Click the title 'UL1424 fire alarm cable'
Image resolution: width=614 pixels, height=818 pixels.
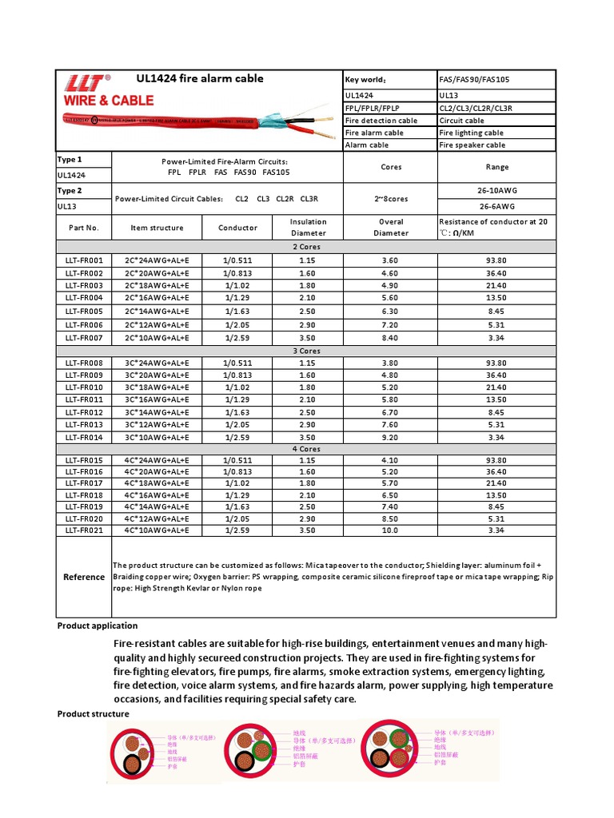(x=200, y=78)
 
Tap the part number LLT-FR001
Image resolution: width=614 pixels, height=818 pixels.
(x=84, y=260)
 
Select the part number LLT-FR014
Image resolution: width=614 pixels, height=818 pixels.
(x=84, y=437)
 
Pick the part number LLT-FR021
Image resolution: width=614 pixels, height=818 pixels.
(x=84, y=530)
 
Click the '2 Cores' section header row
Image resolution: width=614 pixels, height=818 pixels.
(x=306, y=247)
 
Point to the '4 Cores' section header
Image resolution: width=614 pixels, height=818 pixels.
(x=306, y=449)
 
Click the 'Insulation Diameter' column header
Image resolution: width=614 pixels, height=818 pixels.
(x=308, y=227)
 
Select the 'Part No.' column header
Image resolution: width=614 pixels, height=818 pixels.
(x=84, y=228)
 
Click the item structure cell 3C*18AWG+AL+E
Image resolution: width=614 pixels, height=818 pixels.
(x=157, y=387)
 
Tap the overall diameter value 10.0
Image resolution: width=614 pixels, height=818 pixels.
(x=390, y=530)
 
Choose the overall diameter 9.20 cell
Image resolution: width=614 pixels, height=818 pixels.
(x=390, y=437)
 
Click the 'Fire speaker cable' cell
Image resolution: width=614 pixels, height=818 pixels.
(x=472, y=145)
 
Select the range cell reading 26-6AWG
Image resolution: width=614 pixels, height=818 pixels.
(x=496, y=204)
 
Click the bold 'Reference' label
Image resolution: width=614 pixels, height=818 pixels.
(x=84, y=577)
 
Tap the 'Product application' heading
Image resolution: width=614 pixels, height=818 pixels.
(x=98, y=625)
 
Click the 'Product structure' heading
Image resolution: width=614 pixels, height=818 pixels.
(x=93, y=713)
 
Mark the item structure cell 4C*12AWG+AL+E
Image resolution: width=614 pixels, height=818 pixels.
(x=157, y=518)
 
